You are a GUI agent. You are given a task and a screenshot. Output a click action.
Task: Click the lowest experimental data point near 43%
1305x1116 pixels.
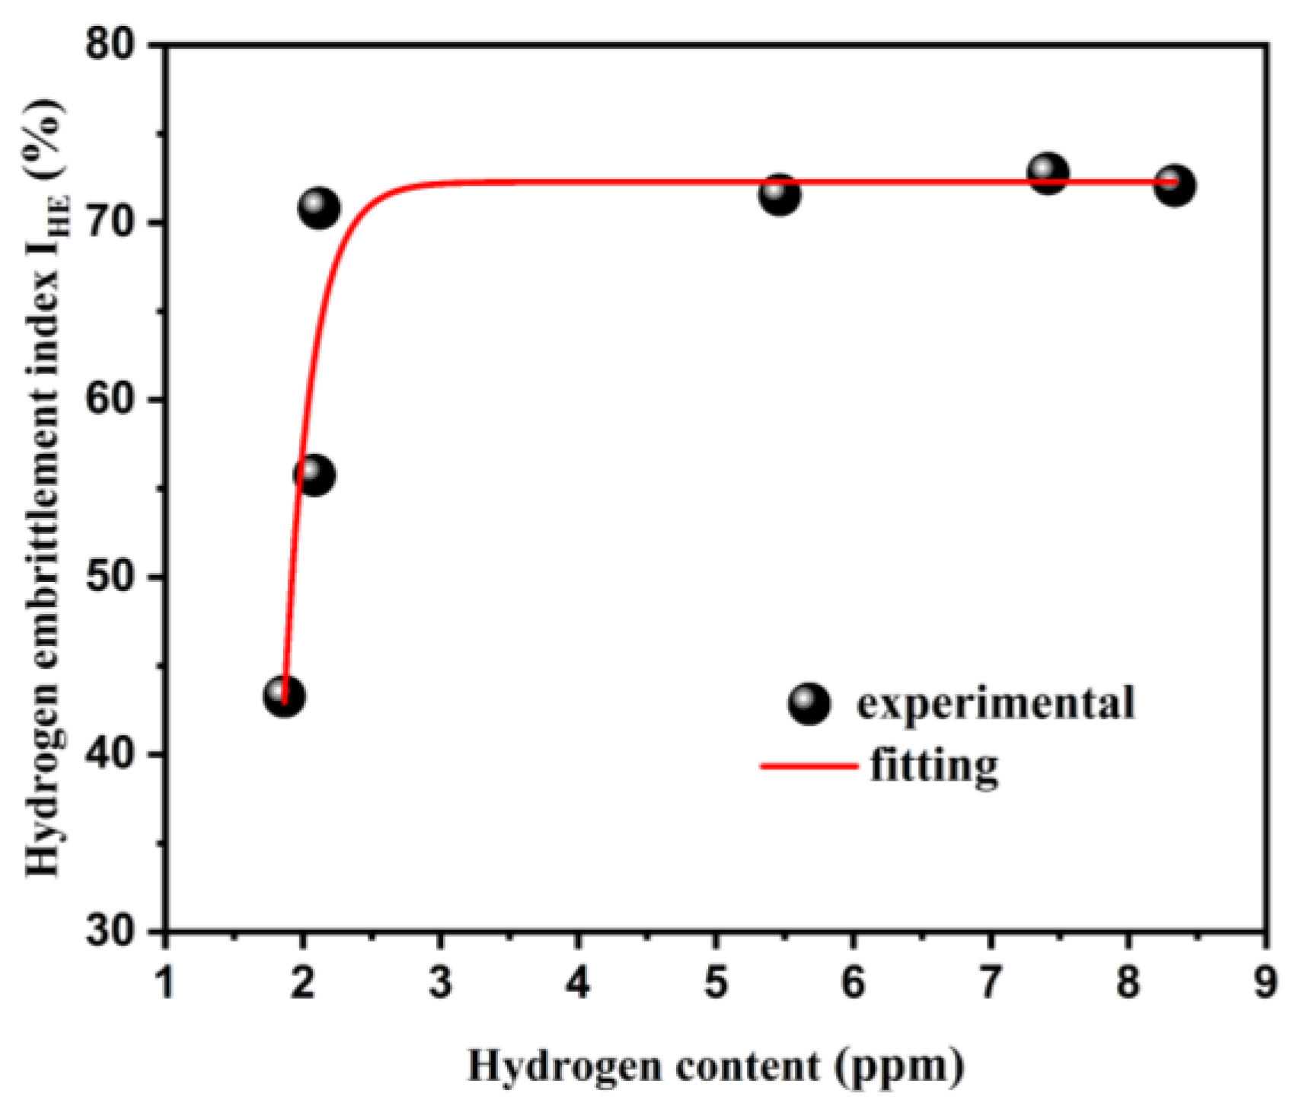click(284, 696)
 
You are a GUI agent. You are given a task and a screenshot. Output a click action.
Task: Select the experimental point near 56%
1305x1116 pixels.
click(314, 475)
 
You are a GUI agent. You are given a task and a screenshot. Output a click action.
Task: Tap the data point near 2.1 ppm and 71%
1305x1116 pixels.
click(319, 208)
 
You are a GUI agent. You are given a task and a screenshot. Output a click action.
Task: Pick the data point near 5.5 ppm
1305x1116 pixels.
click(779, 195)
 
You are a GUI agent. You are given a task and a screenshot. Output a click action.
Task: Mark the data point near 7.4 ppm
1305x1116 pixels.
click(1048, 174)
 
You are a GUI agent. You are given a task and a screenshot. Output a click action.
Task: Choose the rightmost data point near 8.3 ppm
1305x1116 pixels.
click(1174, 185)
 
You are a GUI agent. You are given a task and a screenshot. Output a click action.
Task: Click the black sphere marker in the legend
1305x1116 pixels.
click(809, 703)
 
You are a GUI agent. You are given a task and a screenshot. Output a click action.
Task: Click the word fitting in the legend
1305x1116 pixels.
click(934, 765)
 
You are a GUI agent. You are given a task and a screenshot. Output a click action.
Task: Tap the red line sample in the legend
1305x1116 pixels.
click(809, 765)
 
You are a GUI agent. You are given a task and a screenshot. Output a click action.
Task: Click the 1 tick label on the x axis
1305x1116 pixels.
click(165, 982)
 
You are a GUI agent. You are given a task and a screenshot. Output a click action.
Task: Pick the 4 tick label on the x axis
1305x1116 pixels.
click(578, 982)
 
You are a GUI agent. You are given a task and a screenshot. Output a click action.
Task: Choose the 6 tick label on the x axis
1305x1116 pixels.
click(853, 982)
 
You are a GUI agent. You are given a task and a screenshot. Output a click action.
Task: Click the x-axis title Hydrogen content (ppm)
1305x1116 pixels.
click(716, 1065)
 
